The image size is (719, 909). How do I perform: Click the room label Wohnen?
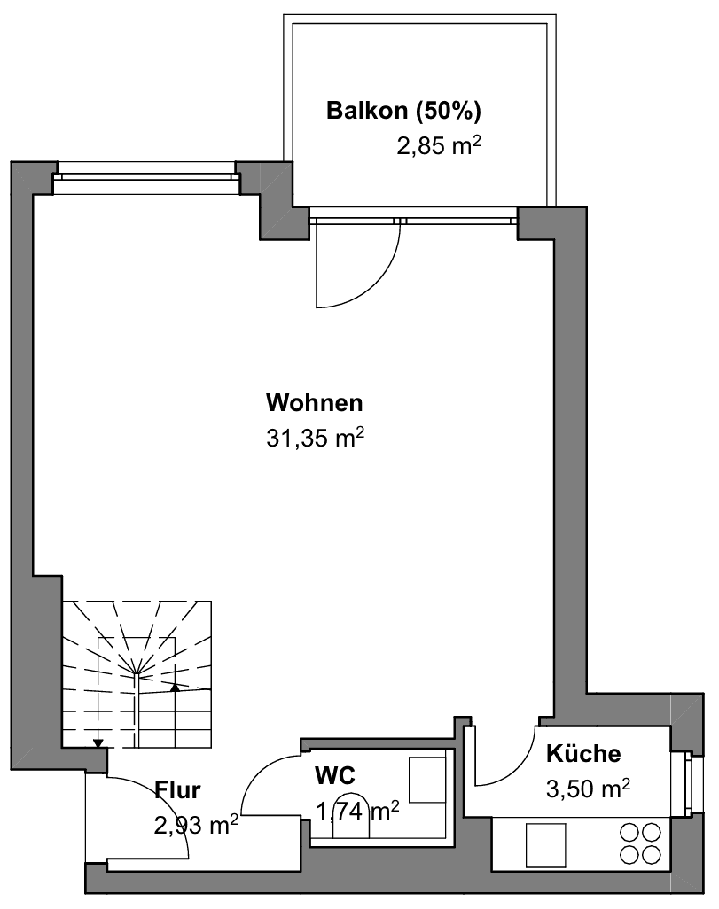[x=315, y=403]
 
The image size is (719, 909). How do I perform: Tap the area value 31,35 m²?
[x=316, y=438]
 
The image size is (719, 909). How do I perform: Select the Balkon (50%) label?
[x=403, y=111]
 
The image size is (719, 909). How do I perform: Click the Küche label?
[x=582, y=754]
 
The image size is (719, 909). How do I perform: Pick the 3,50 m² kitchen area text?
[x=588, y=788]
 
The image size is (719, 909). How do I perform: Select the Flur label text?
[x=177, y=789]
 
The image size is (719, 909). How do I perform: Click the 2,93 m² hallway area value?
[x=196, y=825]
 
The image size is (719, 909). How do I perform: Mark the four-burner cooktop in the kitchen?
[x=640, y=843]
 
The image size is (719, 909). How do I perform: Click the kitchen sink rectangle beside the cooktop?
[x=545, y=844]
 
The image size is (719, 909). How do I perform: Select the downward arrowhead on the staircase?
[x=98, y=742]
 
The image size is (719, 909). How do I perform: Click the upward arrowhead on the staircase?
[x=176, y=685]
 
